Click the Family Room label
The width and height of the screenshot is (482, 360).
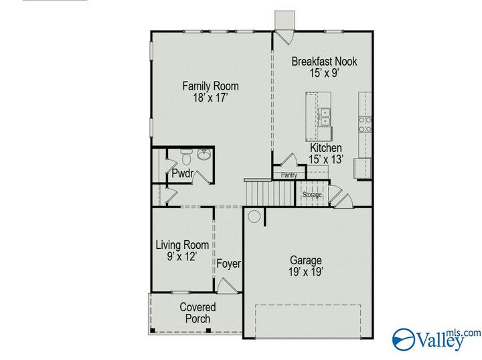click(211, 86)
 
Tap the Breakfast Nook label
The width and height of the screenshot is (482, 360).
click(325, 62)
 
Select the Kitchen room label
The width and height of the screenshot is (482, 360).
click(326, 148)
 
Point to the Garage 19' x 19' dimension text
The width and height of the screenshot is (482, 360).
click(305, 272)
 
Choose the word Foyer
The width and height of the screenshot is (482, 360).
click(228, 264)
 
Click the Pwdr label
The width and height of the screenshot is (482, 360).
click(182, 173)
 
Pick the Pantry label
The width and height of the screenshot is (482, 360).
click(289, 175)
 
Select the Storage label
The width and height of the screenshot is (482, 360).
click(312, 195)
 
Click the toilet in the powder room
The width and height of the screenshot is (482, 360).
click(186, 158)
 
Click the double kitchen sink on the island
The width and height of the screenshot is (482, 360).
click(325, 116)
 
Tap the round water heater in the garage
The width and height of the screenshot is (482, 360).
click(254, 216)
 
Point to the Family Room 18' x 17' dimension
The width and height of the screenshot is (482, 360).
click(211, 98)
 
